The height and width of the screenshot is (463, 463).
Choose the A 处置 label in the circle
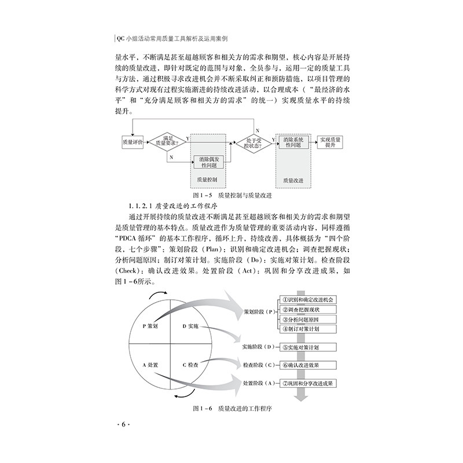pos(152,365)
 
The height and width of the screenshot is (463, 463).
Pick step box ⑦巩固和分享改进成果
pos(310,383)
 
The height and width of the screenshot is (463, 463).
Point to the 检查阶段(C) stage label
pos(258,366)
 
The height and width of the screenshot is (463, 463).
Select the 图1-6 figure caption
pos(231,409)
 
